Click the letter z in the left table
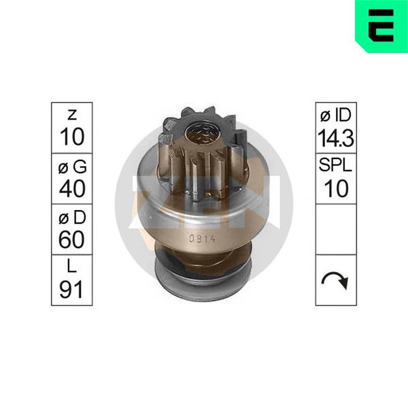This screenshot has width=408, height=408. (x=72, y=115)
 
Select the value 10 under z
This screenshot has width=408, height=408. (x=72, y=137)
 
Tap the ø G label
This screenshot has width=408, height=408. (x=72, y=167)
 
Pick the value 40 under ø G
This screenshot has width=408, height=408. (x=72, y=188)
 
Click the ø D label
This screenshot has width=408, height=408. (x=72, y=218)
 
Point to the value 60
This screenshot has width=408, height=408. (x=71, y=239)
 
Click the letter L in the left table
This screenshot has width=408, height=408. (x=71, y=266)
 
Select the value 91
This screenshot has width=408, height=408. (x=71, y=290)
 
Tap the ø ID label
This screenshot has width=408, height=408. (x=336, y=115)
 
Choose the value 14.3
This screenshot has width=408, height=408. (x=336, y=138)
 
